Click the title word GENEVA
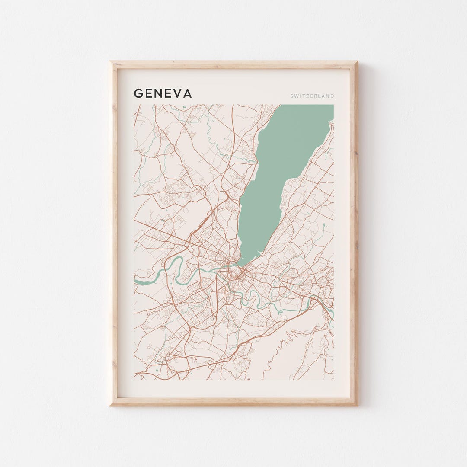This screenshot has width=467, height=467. coord(163,93)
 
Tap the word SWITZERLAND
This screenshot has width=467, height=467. coord(312,96)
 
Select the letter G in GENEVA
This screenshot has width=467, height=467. coord(138,93)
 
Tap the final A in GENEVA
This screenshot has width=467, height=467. coord(187,93)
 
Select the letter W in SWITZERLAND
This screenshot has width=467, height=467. coord(297,96)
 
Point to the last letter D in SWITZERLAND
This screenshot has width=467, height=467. coord(333,96)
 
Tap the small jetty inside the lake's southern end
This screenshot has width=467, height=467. coord(258,252)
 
